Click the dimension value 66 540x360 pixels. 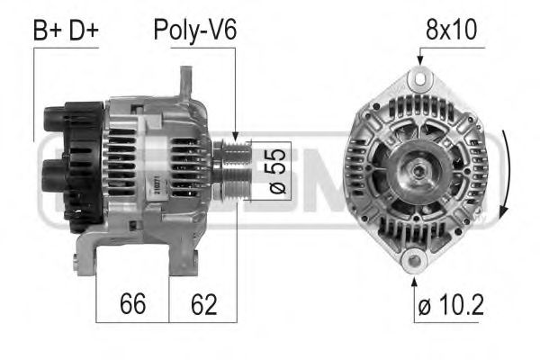point(132,304)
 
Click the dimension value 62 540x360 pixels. point(203,304)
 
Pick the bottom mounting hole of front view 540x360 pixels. point(413,262)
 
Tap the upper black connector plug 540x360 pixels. point(63,121)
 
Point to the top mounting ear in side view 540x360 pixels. point(186,85)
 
